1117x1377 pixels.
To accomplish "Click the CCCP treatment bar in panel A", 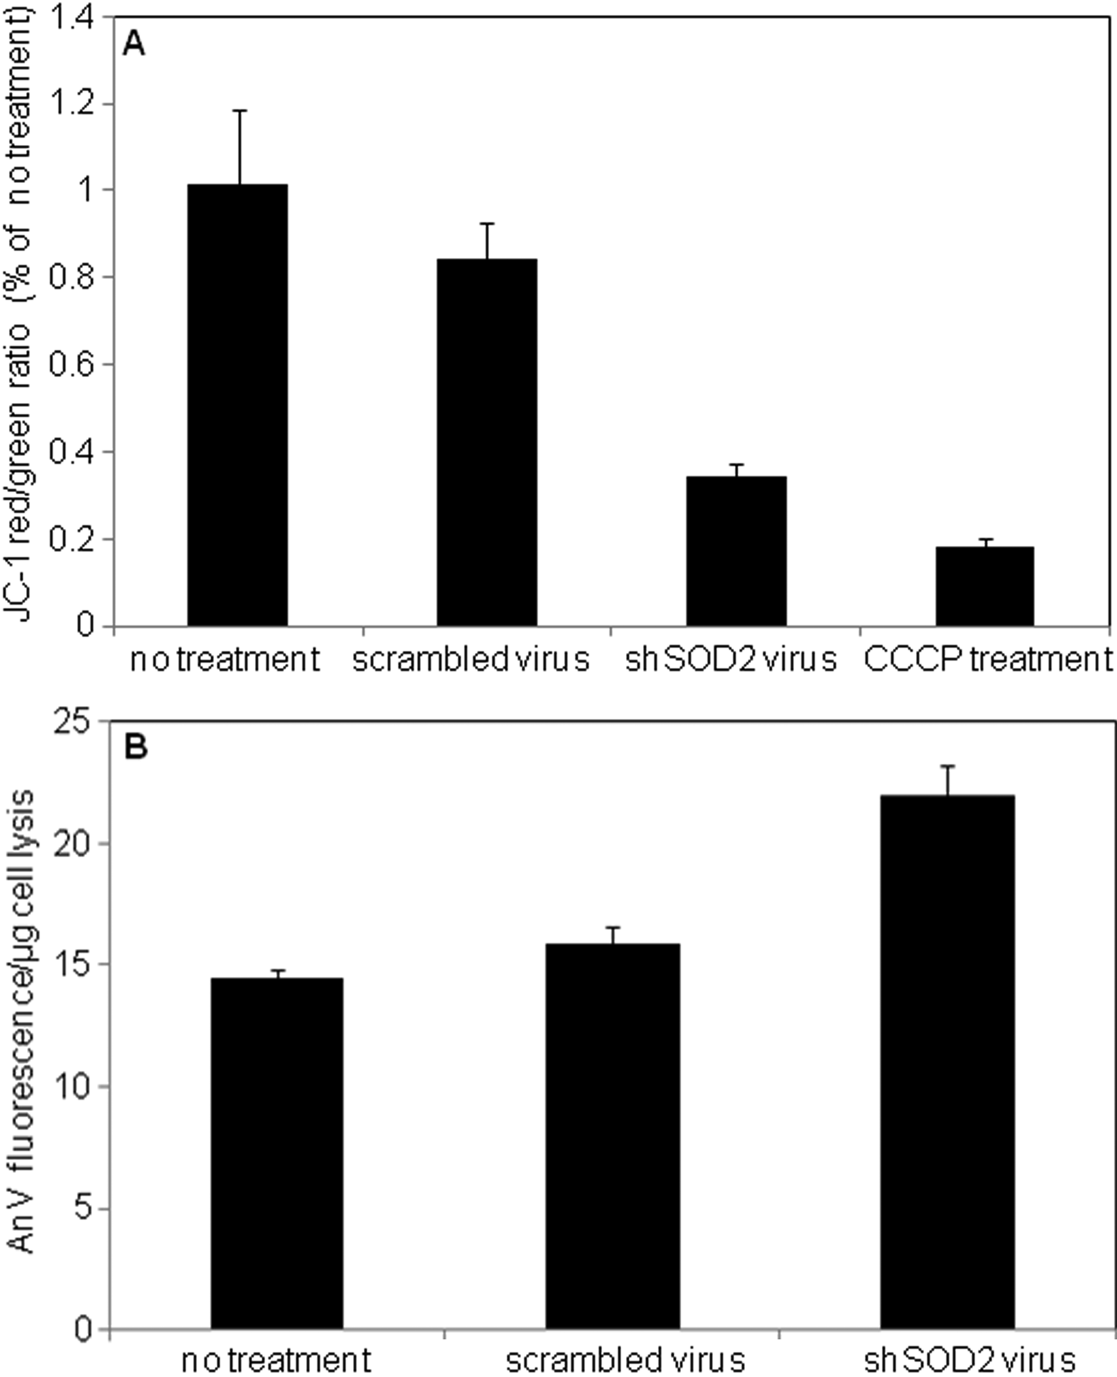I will [x=984, y=586].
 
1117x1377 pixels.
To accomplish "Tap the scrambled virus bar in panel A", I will [x=487, y=442].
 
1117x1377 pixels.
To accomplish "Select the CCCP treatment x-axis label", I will [x=988, y=660].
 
